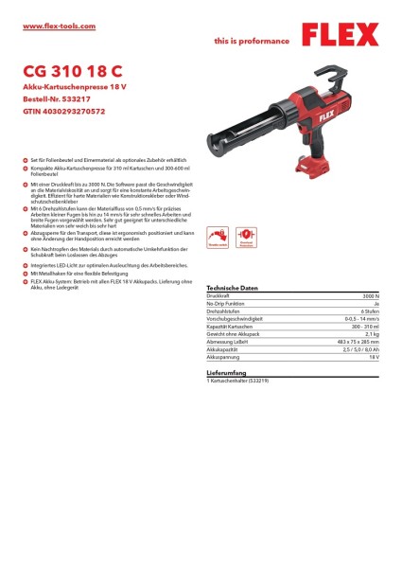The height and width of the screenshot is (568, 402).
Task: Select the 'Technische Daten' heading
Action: (232, 287)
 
